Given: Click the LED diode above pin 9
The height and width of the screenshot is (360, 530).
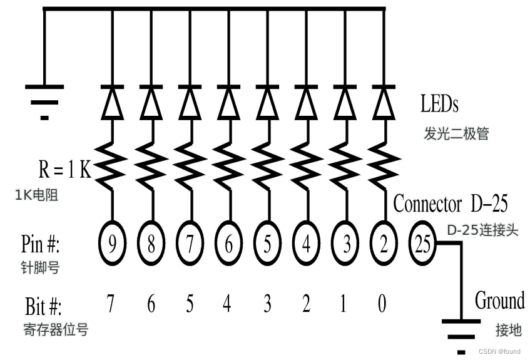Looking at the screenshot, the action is point(113,103).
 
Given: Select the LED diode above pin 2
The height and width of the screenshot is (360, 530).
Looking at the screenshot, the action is point(383,103).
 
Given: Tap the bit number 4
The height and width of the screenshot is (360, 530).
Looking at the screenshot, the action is point(228,304).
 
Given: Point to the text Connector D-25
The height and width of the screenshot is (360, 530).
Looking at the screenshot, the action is point(450,204).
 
